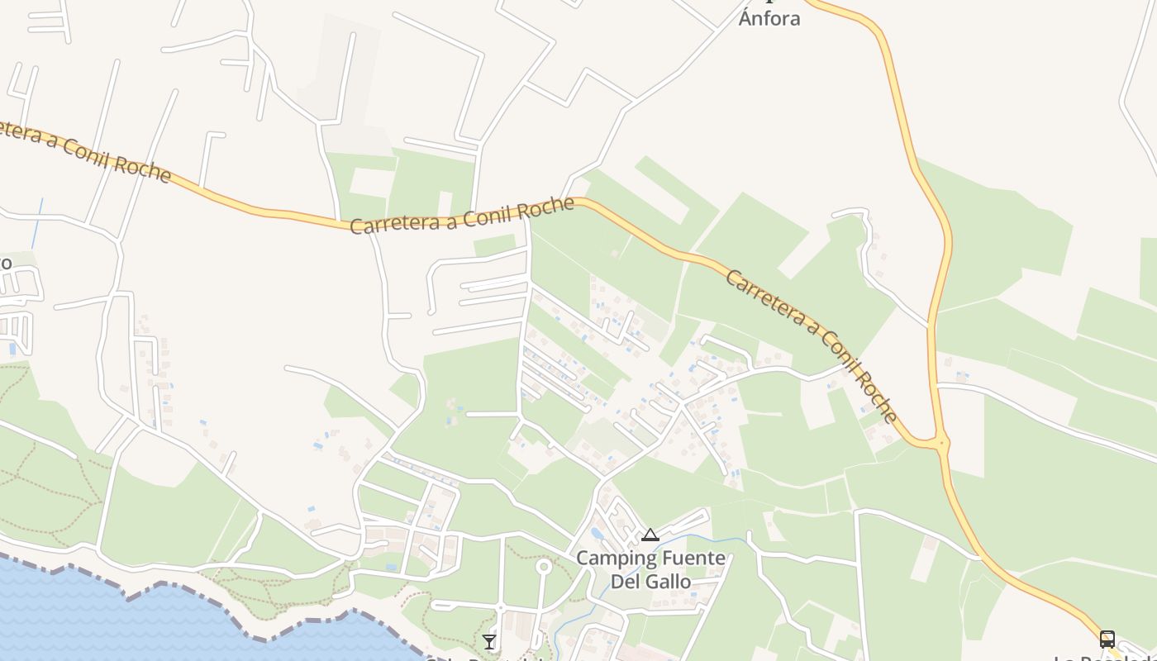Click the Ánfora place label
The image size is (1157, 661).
pos(769,18)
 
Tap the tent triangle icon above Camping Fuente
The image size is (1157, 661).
pos(650,535)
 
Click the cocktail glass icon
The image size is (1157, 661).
pos(489,641)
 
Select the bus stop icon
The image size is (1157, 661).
pos(1107,639)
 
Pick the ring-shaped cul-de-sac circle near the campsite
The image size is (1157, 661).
pos(543,566)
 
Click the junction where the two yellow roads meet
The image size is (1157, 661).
pos(940,443)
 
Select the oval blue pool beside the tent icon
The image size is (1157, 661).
pos(598,534)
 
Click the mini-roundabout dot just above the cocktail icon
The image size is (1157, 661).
pos(500,608)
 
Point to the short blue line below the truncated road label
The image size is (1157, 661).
pos(37,221)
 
